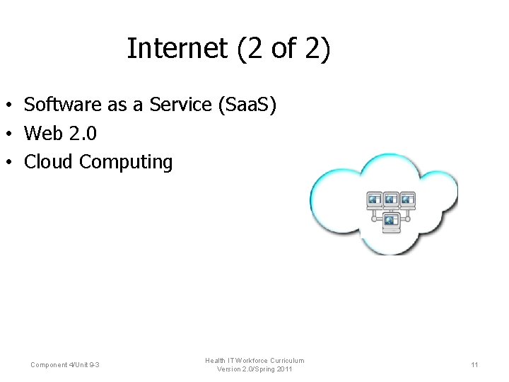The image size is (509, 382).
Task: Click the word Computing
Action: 126,162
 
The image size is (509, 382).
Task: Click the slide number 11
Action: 474,364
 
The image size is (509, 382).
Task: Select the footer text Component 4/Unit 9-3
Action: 65,364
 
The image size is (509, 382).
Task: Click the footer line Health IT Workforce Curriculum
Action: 255,360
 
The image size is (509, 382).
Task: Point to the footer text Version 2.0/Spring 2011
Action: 255,369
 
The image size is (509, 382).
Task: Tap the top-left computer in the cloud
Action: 375,200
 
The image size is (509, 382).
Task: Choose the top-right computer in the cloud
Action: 408,200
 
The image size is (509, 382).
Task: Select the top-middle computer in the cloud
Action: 391,200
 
